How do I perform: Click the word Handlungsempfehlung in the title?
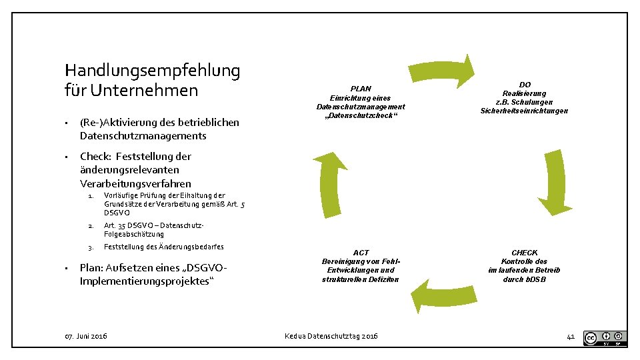point(153,70)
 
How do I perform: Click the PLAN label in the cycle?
point(361,89)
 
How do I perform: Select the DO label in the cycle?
point(525,85)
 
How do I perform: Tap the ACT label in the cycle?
point(361,253)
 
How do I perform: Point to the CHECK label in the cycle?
point(524,253)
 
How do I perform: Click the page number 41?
point(570,337)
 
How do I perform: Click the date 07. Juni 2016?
point(86,336)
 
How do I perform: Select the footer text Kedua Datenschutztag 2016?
point(331,336)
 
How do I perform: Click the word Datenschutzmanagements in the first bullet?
point(143,136)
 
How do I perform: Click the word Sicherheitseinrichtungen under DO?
point(524,111)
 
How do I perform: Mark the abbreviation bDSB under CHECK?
point(536,279)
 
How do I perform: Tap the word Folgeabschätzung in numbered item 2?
point(134,234)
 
